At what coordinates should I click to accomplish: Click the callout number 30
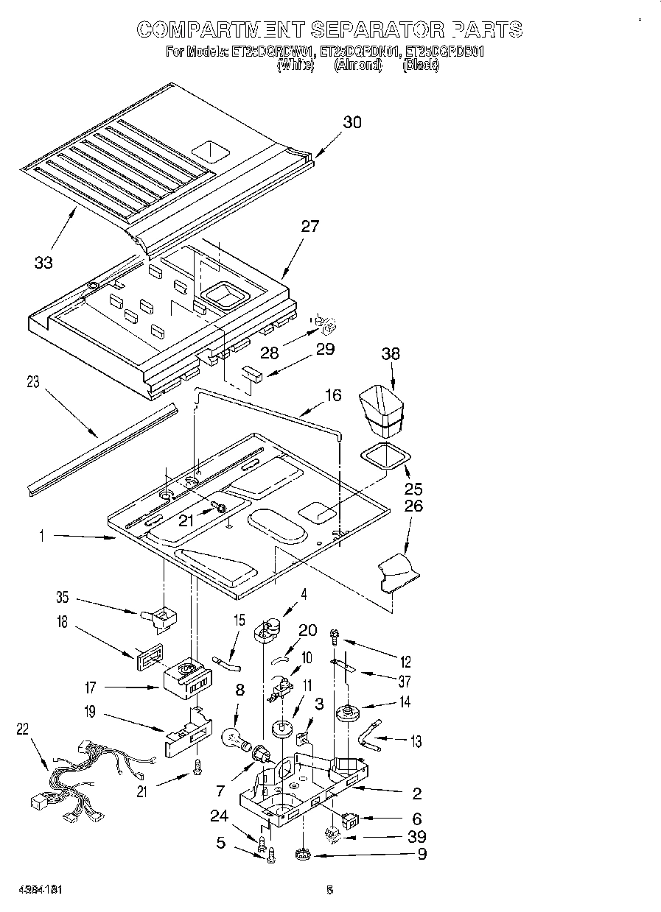coord(352,122)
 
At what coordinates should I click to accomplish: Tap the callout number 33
coord(43,262)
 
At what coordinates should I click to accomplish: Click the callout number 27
coord(310,227)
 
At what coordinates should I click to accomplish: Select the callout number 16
coord(332,395)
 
